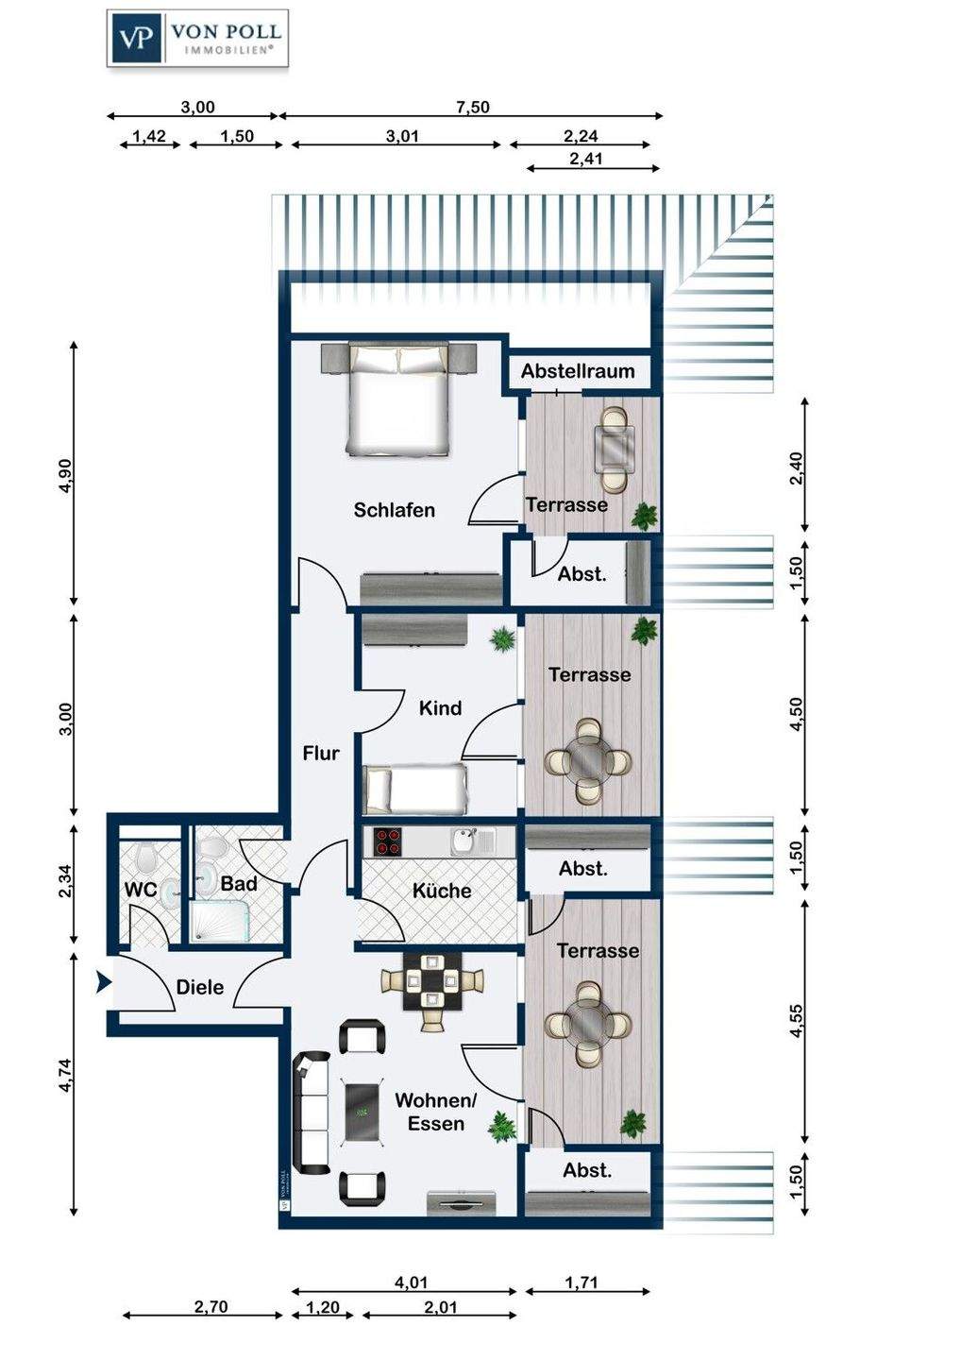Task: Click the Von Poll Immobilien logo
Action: [x=197, y=38]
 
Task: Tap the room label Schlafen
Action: [x=395, y=510]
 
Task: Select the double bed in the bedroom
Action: [x=398, y=399]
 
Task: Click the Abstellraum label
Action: [x=578, y=371]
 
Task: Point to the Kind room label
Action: [x=440, y=708]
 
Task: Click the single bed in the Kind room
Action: [x=415, y=789]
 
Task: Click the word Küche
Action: [x=442, y=891]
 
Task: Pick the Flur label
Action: [x=321, y=754]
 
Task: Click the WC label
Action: [x=140, y=890]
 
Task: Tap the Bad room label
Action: [x=239, y=884]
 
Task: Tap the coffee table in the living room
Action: [x=362, y=1113]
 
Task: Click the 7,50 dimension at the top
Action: [x=473, y=108]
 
